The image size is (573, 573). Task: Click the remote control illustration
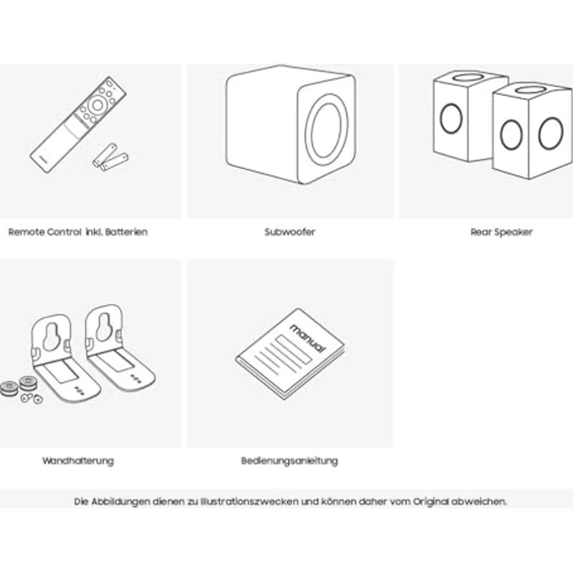pyautogui.click(x=78, y=125)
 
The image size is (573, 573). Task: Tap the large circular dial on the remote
pyautogui.click(x=97, y=105)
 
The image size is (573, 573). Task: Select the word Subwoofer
pyautogui.click(x=290, y=232)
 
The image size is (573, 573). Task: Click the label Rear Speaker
pyautogui.click(x=501, y=232)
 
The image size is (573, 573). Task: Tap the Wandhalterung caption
pyautogui.click(x=78, y=461)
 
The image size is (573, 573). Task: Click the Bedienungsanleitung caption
pyautogui.click(x=290, y=461)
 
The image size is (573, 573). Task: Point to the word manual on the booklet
pyautogui.click(x=308, y=339)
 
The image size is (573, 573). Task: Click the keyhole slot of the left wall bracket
pyautogui.click(x=51, y=336)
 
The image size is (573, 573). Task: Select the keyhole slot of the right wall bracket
pyautogui.click(x=104, y=327)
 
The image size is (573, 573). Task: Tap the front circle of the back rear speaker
pyautogui.click(x=451, y=118)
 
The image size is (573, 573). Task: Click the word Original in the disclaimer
pyautogui.click(x=431, y=501)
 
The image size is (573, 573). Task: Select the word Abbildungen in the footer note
pyautogui.click(x=120, y=501)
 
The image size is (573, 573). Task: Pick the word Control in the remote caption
pyautogui.click(x=64, y=232)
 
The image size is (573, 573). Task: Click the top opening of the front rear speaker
pyautogui.click(x=531, y=90)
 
